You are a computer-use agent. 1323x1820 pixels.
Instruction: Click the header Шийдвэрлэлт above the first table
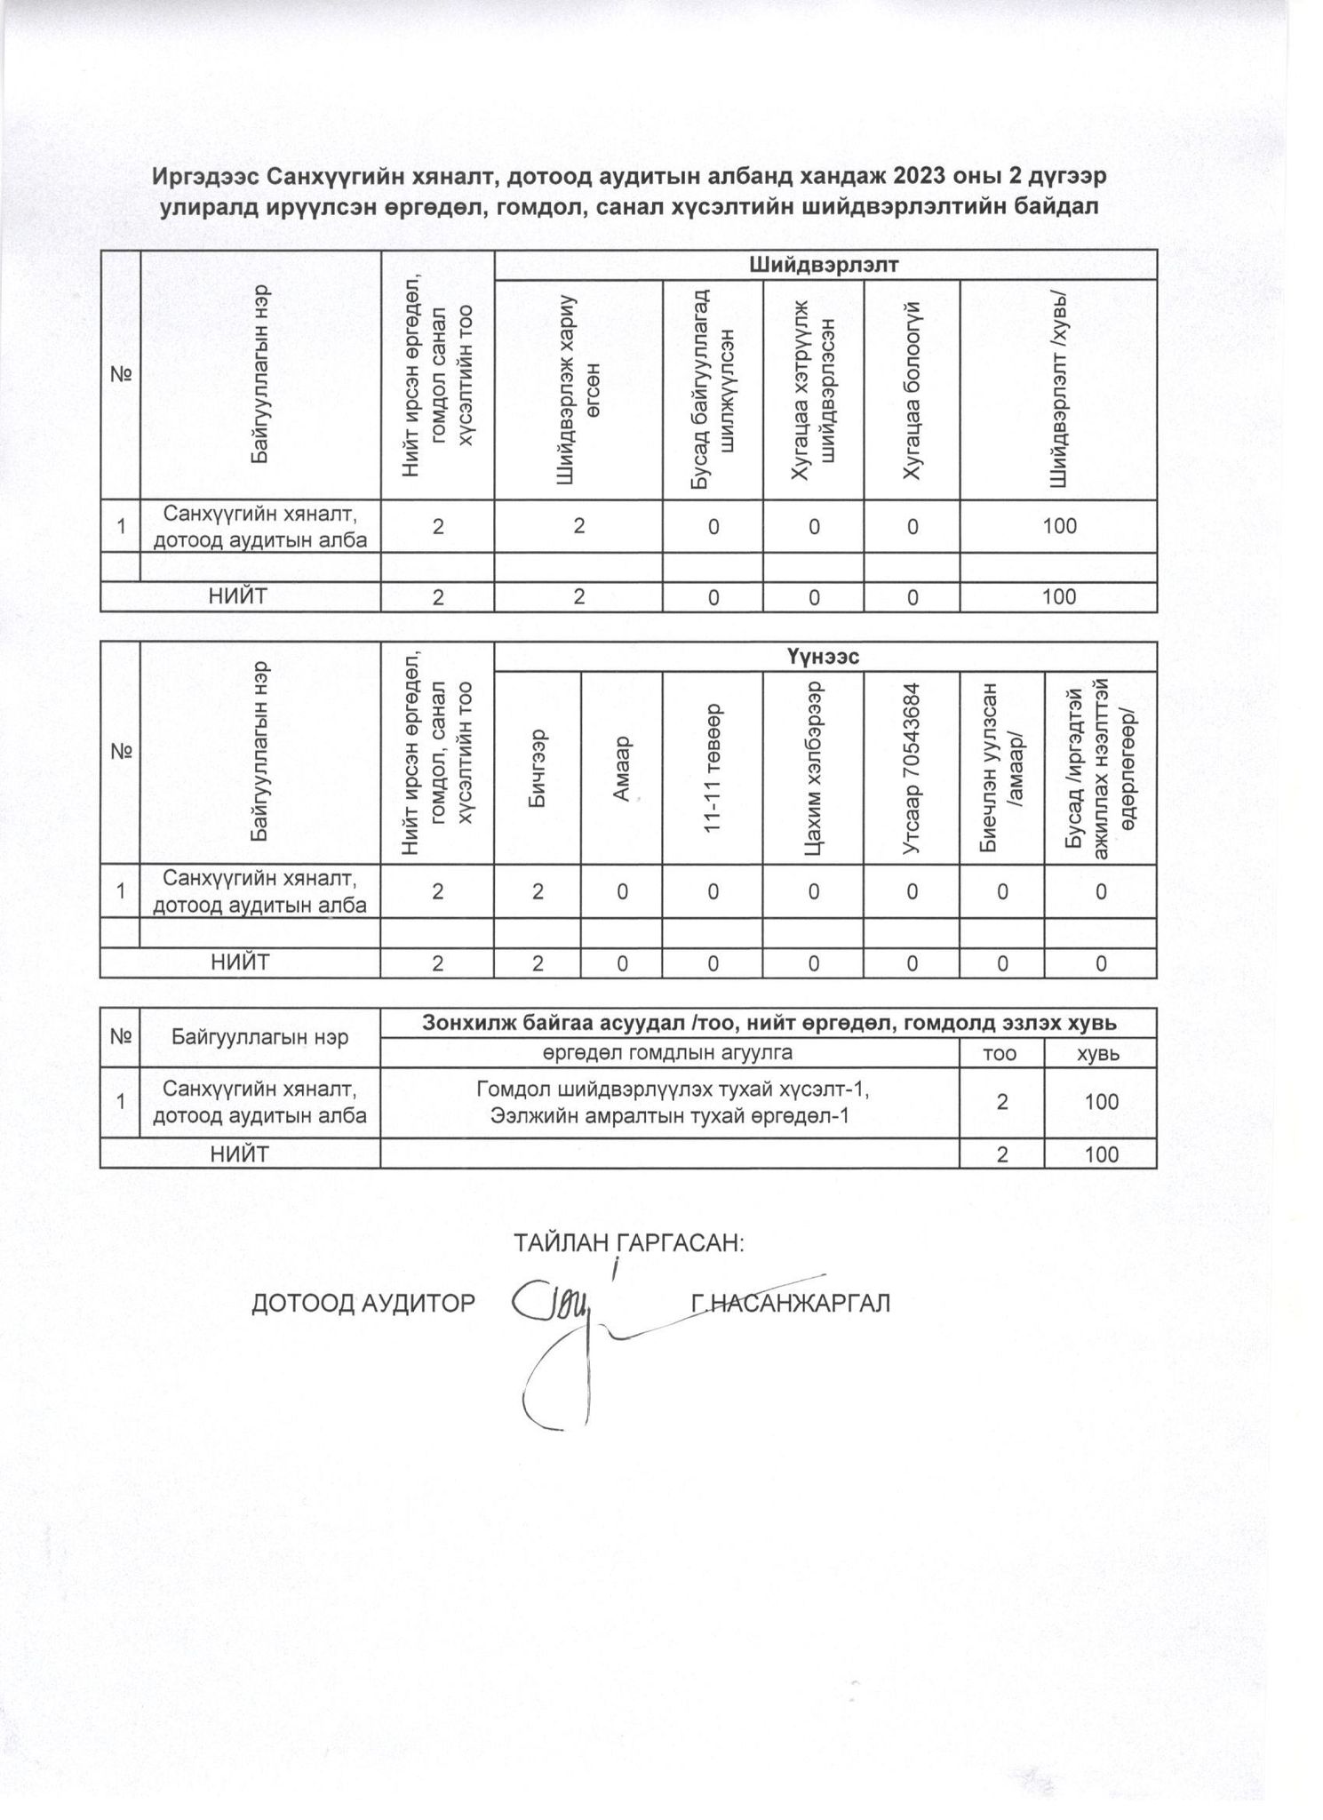coord(825,265)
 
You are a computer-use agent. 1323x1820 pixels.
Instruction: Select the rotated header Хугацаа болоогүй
coord(911,391)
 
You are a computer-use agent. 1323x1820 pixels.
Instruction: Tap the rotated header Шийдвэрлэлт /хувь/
coord(1058,391)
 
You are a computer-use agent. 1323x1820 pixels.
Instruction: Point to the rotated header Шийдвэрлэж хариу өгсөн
coord(578,391)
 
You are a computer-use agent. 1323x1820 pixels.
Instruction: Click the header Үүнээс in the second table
coord(825,657)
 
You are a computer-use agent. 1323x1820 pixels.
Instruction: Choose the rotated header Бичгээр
coord(537,768)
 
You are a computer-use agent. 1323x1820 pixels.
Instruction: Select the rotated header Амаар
coord(621,768)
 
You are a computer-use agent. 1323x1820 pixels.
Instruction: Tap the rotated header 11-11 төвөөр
coord(712,768)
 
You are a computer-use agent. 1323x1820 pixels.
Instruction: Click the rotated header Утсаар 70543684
coord(911,768)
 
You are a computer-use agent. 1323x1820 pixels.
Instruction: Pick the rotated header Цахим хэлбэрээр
coord(812,768)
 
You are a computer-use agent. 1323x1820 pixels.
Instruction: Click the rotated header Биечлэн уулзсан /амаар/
coord(1001,768)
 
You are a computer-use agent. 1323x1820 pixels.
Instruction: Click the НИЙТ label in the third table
coord(240,1153)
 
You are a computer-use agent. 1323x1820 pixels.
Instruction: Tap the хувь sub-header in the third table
coord(1100,1053)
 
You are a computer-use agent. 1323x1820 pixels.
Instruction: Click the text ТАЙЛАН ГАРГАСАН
coord(628,1242)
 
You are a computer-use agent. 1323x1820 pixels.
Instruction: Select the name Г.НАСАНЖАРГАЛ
coord(790,1303)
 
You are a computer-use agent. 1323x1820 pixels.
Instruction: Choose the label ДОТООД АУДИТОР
coord(363,1303)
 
